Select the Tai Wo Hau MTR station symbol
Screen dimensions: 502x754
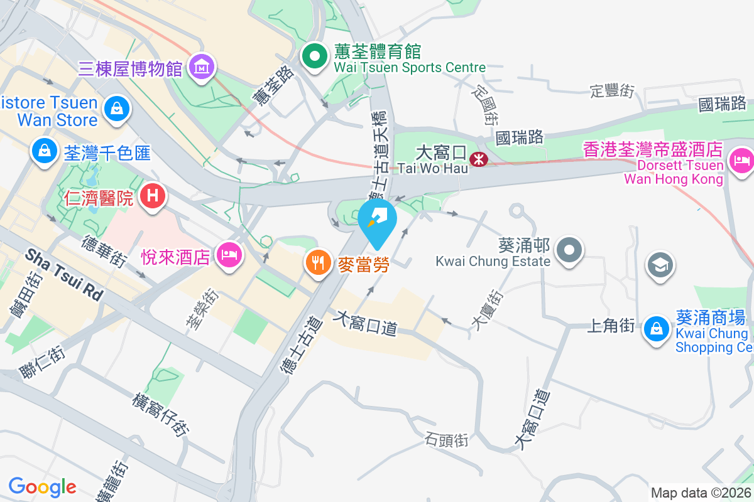pyautogui.click(x=478, y=159)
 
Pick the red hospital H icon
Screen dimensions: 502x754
pyautogui.click(x=152, y=196)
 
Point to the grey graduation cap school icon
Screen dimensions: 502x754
pyautogui.click(x=660, y=265)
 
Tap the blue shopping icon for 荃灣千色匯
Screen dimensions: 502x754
pyautogui.click(x=45, y=150)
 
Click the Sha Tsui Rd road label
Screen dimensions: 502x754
pyautogui.click(x=64, y=274)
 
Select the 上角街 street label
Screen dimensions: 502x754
pyautogui.click(x=610, y=326)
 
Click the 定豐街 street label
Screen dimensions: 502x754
pyautogui.click(x=612, y=91)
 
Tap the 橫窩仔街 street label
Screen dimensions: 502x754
pyautogui.click(x=160, y=414)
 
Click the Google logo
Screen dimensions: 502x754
pyautogui.click(x=42, y=487)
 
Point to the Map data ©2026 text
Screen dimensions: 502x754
pyautogui.click(x=700, y=493)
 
